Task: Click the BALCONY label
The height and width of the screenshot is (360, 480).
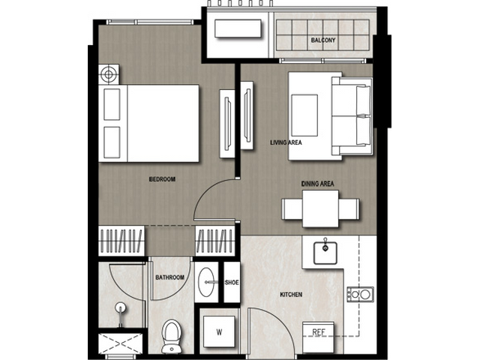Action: click(x=323, y=40)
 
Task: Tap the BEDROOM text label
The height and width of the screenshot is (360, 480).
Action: click(x=162, y=179)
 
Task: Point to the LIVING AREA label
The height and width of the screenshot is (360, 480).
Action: click(x=286, y=142)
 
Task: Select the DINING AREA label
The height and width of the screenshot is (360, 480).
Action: click(x=317, y=184)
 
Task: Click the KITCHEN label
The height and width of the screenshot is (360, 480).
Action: click(x=291, y=295)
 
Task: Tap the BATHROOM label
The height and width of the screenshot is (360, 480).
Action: click(x=170, y=277)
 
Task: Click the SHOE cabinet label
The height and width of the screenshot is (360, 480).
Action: click(x=232, y=283)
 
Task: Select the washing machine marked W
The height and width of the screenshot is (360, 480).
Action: click(x=219, y=331)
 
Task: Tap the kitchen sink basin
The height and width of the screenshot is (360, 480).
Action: click(x=325, y=253)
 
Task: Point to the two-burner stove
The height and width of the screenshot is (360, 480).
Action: click(x=360, y=295)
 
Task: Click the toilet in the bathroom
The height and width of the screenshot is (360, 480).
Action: click(x=172, y=336)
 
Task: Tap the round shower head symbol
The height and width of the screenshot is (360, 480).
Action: click(x=121, y=307)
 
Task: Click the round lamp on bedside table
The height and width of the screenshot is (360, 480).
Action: click(x=108, y=74)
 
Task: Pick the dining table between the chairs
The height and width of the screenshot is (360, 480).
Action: click(x=320, y=208)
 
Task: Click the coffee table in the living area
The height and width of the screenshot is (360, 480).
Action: click(x=304, y=115)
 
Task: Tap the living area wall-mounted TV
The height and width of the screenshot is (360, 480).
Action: click(x=247, y=115)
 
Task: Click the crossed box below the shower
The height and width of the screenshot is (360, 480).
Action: click(x=120, y=344)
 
